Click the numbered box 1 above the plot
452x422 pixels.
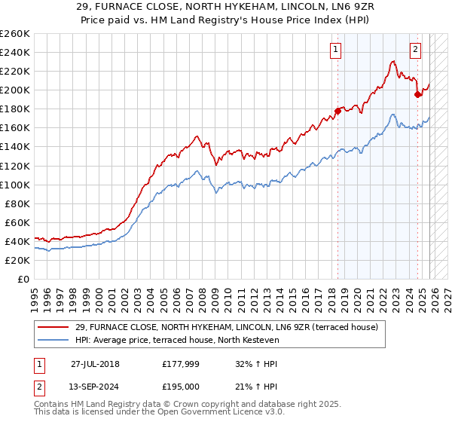click(335, 50)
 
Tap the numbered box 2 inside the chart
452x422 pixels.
click(415, 50)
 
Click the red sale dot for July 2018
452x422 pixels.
click(337, 111)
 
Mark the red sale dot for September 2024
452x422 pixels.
click(418, 94)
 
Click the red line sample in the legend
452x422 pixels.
click(53, 327)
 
